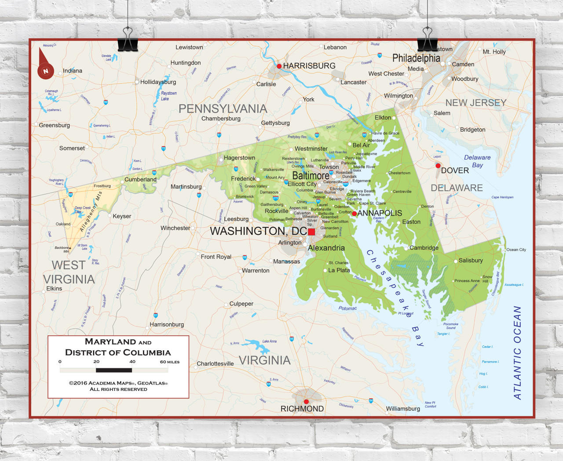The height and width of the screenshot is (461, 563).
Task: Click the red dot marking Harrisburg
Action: (279, 66)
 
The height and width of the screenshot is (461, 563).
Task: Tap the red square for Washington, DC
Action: (311, 232)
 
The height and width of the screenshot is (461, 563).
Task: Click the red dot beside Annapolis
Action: (354, 214)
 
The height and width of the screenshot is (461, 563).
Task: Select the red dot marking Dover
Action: (438, 166)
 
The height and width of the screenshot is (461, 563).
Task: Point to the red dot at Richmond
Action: (306, 402)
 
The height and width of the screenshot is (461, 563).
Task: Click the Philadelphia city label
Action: (416, 58)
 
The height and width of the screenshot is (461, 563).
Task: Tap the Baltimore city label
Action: (311, 175)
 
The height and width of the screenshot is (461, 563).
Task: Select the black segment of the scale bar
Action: (113, 370)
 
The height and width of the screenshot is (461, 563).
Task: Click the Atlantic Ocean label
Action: (517, 352)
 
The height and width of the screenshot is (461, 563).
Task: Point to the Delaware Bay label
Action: (477, 161)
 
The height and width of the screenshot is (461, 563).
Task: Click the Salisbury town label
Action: (470, 260)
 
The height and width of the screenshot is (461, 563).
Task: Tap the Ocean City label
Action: (516, 250)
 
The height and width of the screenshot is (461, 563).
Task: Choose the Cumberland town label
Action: (140, 179)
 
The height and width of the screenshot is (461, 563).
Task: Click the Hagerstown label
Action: (239, 158)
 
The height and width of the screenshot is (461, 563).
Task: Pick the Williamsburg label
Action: (403, 408)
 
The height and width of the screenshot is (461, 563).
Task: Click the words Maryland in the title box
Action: (110, 341)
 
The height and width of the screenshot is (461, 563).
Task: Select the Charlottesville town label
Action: (215, 363)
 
